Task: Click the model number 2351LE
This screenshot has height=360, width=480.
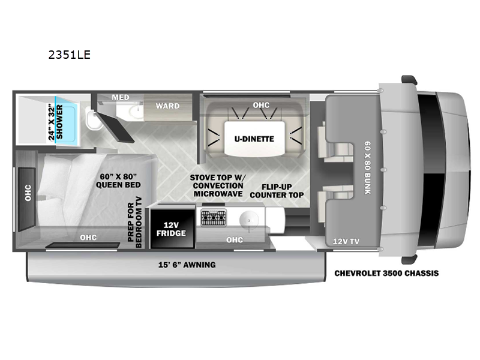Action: [70, 55]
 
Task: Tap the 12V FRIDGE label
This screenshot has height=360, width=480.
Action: [171, 229]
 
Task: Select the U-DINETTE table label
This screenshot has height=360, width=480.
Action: [254, 139]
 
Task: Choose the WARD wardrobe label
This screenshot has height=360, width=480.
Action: [167, 106]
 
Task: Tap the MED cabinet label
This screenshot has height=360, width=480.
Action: [121, 97]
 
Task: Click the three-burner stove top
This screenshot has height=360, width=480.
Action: [214, 218]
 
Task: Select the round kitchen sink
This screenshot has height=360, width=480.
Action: [248, 219]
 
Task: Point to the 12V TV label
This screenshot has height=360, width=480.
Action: [346, 241]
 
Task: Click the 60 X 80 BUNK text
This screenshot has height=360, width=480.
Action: [367, 167]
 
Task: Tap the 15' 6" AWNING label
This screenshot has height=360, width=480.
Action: [187, 265]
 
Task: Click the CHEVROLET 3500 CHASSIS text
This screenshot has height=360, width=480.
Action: [386, 273]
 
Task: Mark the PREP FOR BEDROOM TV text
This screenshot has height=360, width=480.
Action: [134, 222]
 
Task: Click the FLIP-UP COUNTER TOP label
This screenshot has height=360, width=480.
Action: [277, 191]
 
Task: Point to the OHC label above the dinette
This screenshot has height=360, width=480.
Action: [261, 105]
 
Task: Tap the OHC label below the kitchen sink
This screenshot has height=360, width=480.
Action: [235, 239]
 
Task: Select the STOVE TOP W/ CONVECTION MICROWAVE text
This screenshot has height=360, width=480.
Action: [218, 185]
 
